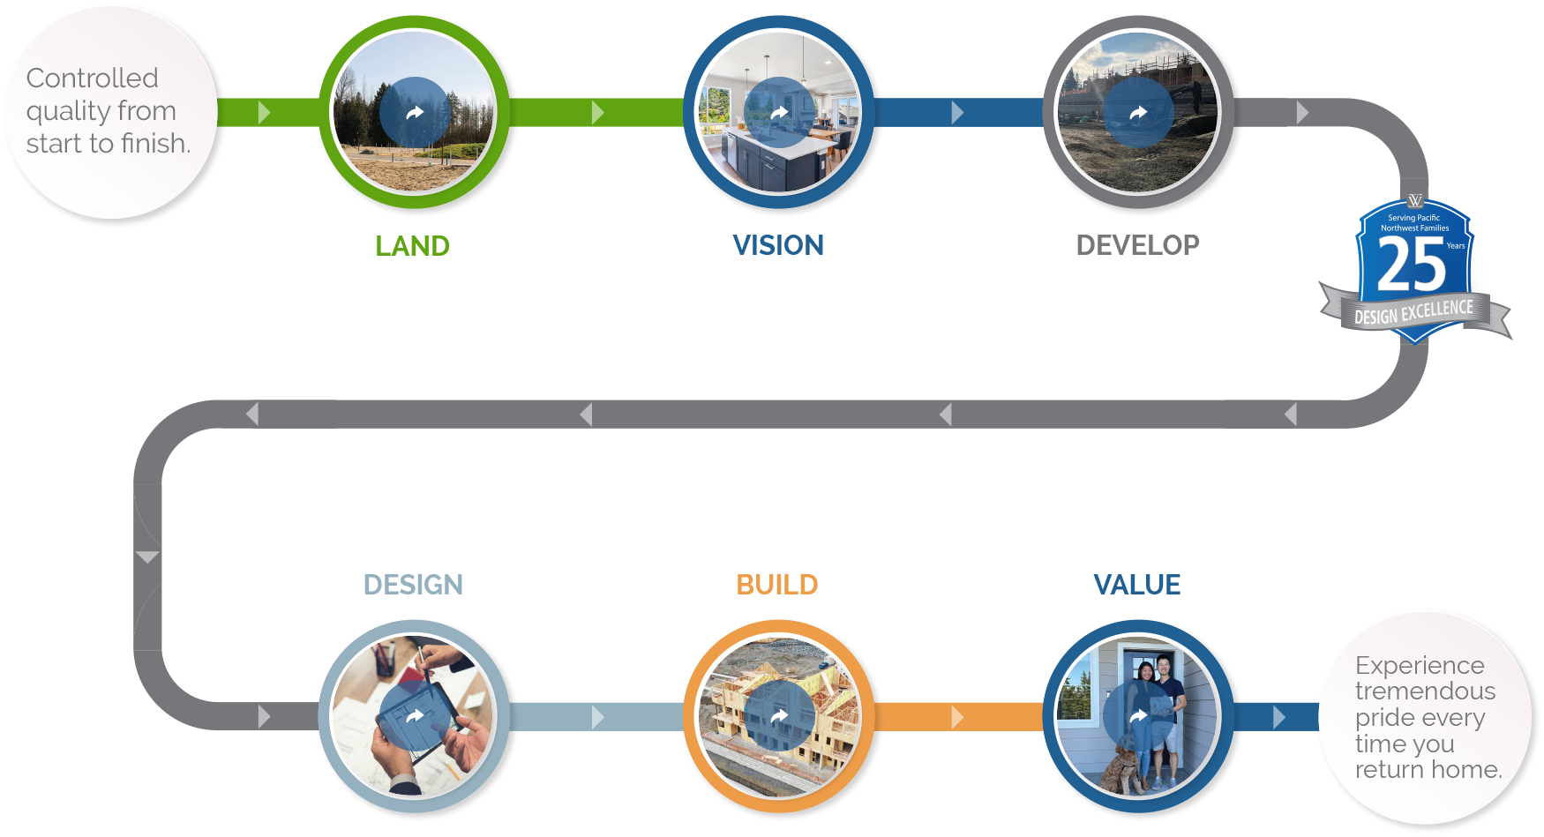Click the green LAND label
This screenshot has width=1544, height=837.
point(412,246)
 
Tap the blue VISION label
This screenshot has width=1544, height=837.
point(778,245)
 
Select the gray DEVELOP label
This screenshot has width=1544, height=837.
point(1137,245)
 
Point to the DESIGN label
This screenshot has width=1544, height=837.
point(413,585)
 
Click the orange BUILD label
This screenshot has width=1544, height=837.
point(777,585)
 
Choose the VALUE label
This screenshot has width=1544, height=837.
point(1137,585)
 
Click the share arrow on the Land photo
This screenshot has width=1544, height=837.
point(415,112)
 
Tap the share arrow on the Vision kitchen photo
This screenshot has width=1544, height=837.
point(779,112)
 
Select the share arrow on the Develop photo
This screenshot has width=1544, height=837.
point(1138,112)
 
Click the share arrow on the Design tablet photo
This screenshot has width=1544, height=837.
point(415,716)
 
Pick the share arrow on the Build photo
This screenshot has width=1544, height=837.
point(779,716)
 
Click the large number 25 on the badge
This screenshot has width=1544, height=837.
point(1411,266)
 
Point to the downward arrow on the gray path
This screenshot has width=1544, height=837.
point(147,557)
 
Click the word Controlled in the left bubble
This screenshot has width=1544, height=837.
point(93,78)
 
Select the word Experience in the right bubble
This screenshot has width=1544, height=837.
point(1420,665)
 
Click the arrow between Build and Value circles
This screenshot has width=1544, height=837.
point(957,717)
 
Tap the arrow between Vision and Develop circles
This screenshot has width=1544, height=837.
point(957,112)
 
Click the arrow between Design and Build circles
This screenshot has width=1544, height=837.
point(598,717)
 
